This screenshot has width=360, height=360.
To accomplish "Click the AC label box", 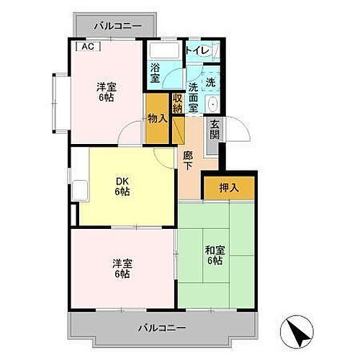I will click(87, 47).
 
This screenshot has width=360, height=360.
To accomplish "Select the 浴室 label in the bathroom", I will click(156, 73).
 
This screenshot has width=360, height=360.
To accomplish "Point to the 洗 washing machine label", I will click(210, 82).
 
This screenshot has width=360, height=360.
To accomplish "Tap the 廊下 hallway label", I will click(188, 159).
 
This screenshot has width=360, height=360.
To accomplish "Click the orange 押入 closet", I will click(228, 188).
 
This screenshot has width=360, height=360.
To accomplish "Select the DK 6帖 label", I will click(122, 186).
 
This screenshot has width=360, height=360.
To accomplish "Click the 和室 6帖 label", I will click(214, 254).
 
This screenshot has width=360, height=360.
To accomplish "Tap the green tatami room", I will click(216, 274).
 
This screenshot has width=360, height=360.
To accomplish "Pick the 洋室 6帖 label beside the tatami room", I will click(120, 269).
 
